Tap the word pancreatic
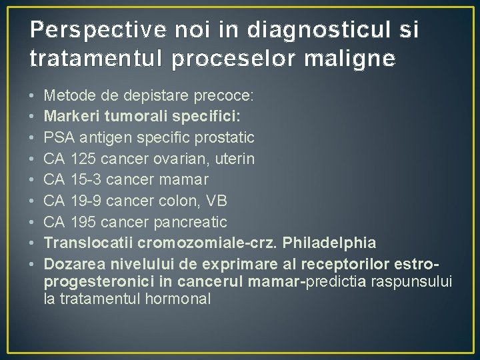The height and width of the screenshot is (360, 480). tap(192, 222)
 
